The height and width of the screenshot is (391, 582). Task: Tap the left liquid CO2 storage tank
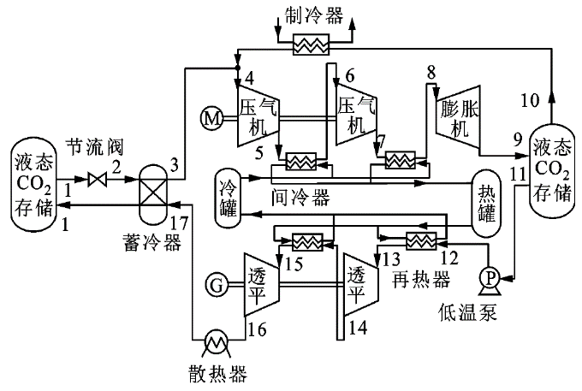coord(33,182)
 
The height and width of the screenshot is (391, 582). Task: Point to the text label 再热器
coord(414,280)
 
